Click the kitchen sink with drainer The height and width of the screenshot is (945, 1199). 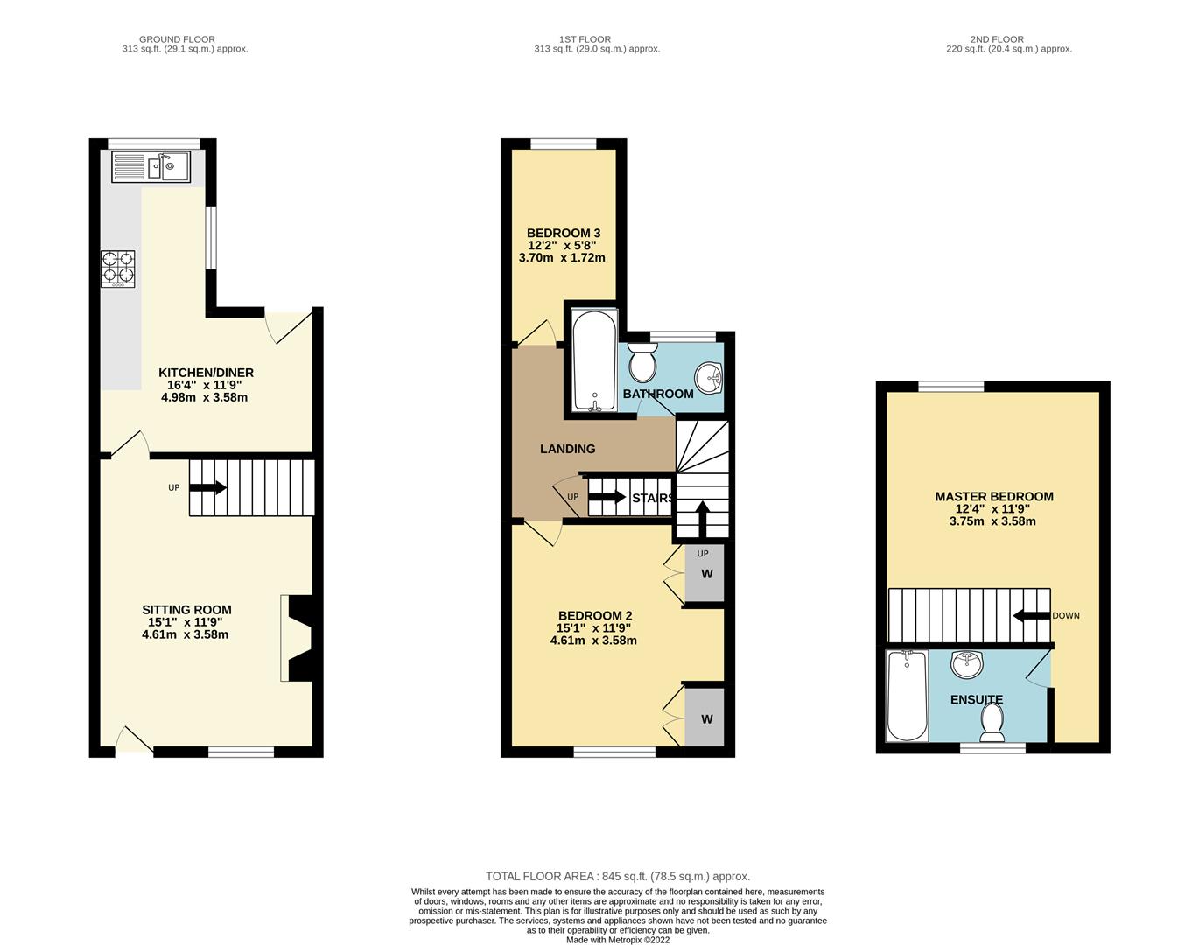pyautogui.click(x=151, y=166)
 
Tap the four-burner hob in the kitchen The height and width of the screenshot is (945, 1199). pyautogui.click(x=118, y=269)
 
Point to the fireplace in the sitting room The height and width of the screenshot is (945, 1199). pyautogui.click(x=297, y=638)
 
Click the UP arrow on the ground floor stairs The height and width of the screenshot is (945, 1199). pyautogui.click(x=207, y=488)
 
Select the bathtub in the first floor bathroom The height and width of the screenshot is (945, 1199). pyautogui.click(x=594, y=360)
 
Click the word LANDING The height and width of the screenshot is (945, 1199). pyautogui.click(x=568, y=449)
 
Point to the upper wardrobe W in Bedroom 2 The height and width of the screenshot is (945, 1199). pyautogui.click(x=706, y=574)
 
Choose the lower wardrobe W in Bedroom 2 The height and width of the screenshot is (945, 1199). pyautogui.click(x=706, y=719)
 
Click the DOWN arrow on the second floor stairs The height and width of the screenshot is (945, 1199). pyautogui.click(x=1031, y=616)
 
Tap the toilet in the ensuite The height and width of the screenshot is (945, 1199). pyautogui.click(x=992, y=723)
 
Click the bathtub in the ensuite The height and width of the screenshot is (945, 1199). pyautogui.click(x=907, y=696)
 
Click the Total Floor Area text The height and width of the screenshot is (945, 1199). pyautogui.click(x=618, y=877)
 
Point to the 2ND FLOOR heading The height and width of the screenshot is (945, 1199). pyautogui.click(x=997, y=39)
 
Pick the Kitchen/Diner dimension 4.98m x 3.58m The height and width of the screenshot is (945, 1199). pyautogui.click(x=205, y=397)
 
